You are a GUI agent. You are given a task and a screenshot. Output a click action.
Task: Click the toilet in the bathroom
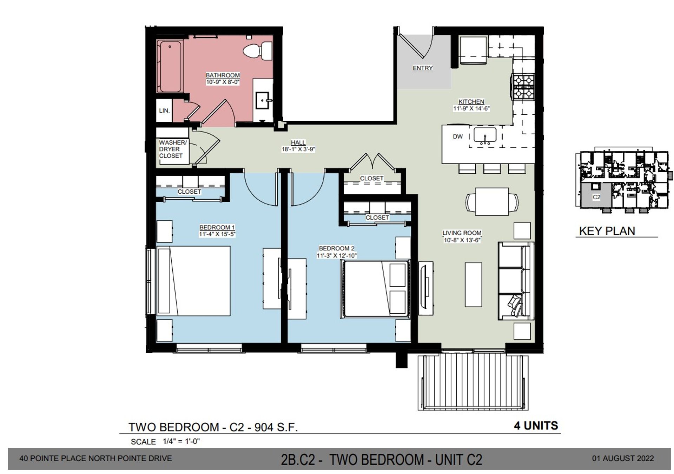(x=258, y=51)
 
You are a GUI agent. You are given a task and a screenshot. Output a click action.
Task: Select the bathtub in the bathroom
(x=170, y=66)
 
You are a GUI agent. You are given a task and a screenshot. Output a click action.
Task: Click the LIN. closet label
(x=164, y=111)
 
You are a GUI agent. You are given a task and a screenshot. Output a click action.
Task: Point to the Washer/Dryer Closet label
(x=172, y=149)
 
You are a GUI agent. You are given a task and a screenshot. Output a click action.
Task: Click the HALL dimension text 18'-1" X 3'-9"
(x=298, y=149)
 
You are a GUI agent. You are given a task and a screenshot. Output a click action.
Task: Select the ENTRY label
(x=422, y=68)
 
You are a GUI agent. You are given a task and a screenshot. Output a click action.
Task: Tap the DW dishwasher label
(x=457, y=136)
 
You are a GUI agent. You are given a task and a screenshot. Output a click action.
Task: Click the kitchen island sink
(x=485, y=135)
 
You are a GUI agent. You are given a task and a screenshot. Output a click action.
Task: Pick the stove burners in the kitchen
(x=523, y=87)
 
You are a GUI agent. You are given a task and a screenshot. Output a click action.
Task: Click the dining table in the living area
(x=491, y=202)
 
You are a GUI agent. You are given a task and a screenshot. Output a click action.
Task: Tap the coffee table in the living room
(x=473, y=285)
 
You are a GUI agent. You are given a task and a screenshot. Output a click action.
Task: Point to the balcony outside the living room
(x=473, y=382)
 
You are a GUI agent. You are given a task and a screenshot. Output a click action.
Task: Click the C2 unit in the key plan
(x=596, y=197)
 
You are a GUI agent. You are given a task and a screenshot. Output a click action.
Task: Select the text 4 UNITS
(x=536, y=426)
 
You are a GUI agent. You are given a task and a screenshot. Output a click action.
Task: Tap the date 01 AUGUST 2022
(x=623, y=458)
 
